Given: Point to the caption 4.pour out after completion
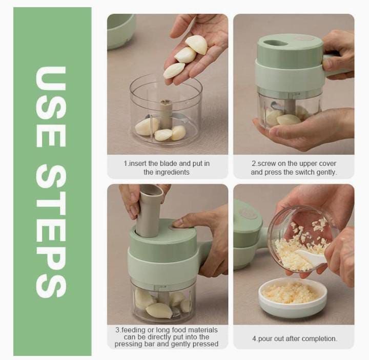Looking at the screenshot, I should (294, 338).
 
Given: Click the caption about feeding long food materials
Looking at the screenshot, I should (167, 337).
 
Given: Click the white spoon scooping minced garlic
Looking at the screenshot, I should (310, 259).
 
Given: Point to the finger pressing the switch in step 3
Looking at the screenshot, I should (180, 222).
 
